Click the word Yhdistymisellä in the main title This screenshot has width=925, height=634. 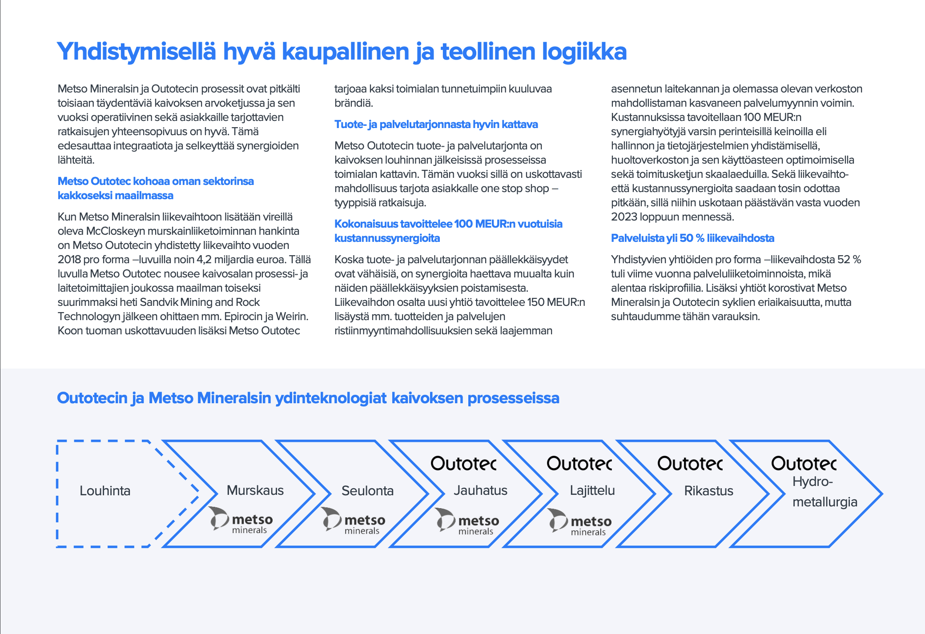137,52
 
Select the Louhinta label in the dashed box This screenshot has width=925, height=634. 105,491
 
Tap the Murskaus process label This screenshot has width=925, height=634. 255,490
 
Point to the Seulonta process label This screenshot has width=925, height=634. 367,491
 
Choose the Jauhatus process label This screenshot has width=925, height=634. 480,490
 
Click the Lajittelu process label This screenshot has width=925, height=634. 592,490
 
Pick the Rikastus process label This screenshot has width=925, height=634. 708,491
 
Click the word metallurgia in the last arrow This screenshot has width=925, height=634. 824,502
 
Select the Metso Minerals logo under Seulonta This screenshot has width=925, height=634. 354,521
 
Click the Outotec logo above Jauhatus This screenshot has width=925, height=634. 463,464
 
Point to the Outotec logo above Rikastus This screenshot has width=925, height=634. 690,464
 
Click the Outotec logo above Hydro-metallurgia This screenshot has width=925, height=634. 804,464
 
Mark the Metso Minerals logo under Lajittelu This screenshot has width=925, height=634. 579,522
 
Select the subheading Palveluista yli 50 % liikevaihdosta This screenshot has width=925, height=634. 692,238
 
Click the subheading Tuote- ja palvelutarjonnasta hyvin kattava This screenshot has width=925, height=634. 436,124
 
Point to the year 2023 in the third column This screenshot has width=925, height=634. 623,217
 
